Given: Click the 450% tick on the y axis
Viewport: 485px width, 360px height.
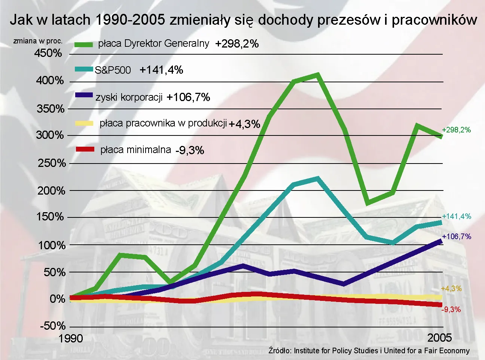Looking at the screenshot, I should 48,53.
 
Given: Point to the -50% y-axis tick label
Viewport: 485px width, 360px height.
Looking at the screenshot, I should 53,326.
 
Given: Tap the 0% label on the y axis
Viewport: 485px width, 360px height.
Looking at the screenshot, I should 57,299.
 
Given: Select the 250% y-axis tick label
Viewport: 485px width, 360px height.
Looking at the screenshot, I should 52,163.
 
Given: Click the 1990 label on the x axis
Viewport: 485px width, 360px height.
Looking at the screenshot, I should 70,339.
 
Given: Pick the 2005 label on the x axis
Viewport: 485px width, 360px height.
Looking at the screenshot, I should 439,338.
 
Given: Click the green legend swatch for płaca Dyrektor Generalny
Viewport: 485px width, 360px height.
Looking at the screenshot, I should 83,45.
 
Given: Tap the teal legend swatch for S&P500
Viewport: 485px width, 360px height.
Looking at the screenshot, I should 83,69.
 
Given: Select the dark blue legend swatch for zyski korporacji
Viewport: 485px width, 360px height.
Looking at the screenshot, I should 84,95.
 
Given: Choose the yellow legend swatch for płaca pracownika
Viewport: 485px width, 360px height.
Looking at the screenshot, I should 84,123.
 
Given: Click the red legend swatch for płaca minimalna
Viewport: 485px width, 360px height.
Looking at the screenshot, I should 85,149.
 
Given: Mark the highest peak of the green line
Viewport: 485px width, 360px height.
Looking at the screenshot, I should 317,75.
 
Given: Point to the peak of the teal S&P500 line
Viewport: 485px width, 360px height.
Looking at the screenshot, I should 317,179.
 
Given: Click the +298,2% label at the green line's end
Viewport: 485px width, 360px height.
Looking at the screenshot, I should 456,130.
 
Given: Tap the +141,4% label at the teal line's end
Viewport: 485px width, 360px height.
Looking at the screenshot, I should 456,216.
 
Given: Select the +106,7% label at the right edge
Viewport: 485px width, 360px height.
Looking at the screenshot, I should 456,237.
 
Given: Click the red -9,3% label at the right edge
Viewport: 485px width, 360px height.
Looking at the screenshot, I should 451,309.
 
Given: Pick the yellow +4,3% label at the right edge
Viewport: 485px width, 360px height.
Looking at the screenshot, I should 451,289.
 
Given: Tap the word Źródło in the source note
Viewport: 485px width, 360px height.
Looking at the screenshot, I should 280,351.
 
